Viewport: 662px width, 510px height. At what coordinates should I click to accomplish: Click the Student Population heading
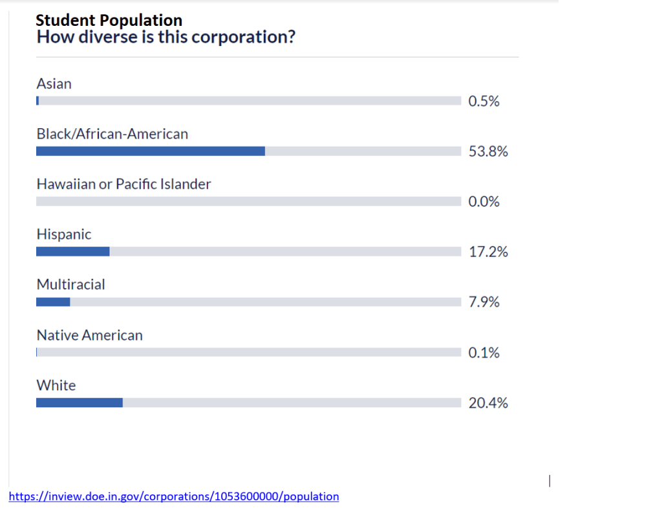(x=109, y=21)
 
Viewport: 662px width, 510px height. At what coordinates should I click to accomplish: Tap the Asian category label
(x=54, y=83)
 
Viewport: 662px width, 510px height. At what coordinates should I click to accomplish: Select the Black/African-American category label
(x=112, y=134)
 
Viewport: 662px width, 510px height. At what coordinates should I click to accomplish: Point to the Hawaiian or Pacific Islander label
(x=123, y=184)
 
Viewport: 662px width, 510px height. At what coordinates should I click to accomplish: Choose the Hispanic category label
(x=64, y=234)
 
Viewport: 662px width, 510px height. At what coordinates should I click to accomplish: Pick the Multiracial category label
(x=70, y=284)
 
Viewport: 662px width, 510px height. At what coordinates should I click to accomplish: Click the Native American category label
(x=89, y=335)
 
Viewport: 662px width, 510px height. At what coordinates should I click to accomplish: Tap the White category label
(x=56, y=385)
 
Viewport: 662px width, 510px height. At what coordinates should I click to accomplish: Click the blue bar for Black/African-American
(x=151, y=151)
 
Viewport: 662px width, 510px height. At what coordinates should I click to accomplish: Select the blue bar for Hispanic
(x=73, y=251)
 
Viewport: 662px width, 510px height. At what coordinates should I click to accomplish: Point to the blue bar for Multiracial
(x=53, y=302)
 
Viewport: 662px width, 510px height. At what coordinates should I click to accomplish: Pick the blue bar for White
(x=80, y=403)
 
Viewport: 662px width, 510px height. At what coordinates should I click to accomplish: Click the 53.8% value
(x=488, y=151)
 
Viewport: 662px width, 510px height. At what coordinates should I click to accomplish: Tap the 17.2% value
(x=488, y=252)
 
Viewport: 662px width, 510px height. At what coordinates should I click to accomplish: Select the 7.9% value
(x=484, y=302)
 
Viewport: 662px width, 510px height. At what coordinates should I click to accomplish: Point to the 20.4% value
(x=488, y=403)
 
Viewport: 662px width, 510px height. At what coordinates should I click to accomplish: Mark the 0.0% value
(x=484, y=202)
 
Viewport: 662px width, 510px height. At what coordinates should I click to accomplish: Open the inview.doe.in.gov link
(x=174, y=496)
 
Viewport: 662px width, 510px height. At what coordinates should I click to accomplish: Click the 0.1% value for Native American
(x=484, y=353)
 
